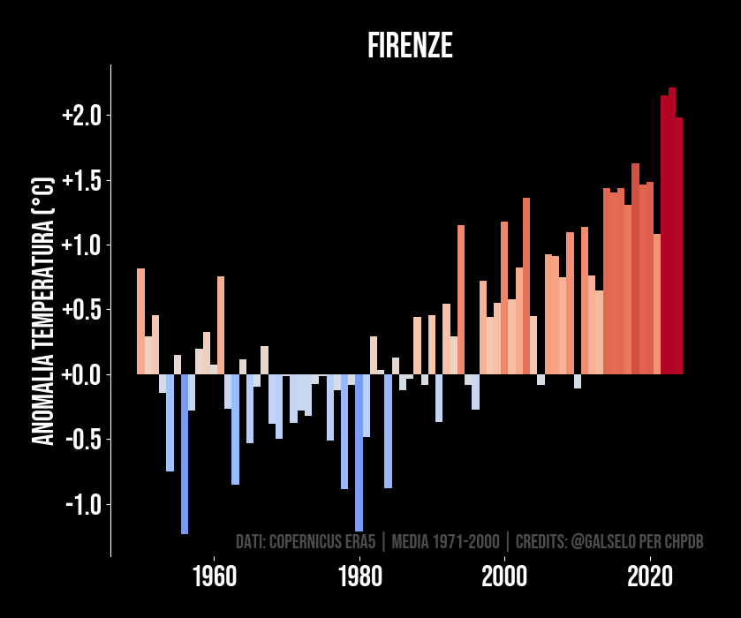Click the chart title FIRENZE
(410, 47)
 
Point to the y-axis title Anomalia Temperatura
(43, 311)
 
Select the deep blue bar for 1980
(359, 452)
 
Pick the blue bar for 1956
(185, 454)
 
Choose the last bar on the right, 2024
(679, 245)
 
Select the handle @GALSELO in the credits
(604, 541)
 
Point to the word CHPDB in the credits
(684, 541)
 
